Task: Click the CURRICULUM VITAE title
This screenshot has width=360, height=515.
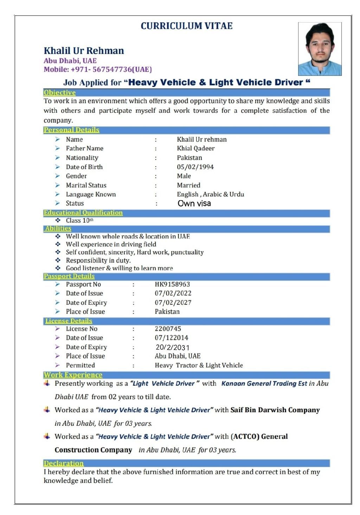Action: (186, 26)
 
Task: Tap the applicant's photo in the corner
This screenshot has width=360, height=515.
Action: (320, 49)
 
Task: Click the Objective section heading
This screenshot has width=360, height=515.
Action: (59, 93)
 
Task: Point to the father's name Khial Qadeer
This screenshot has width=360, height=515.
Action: (195, 148)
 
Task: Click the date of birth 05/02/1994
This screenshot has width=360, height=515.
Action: (195, 167)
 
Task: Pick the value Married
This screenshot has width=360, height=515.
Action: (188, 185)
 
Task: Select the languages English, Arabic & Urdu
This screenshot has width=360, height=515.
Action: (210, 194)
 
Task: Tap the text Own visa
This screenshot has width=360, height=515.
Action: (194, 203)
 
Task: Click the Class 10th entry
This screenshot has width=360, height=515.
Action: (79, 221)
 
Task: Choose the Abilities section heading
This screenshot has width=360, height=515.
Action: (58, 228)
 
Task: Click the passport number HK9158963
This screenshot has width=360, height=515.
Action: (172, 284)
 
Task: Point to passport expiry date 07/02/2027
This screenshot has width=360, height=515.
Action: (173, 303)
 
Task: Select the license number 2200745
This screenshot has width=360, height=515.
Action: (168, 329)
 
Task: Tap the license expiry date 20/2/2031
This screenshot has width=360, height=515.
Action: (172, 347)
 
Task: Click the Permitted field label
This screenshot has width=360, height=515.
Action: (80, 365)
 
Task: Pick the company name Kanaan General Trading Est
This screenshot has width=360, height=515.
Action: (264, 383)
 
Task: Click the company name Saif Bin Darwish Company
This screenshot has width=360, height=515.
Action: (275, 410)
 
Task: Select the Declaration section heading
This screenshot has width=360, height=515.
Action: (63, 463)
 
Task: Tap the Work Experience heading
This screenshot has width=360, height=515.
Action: (73, 375)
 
